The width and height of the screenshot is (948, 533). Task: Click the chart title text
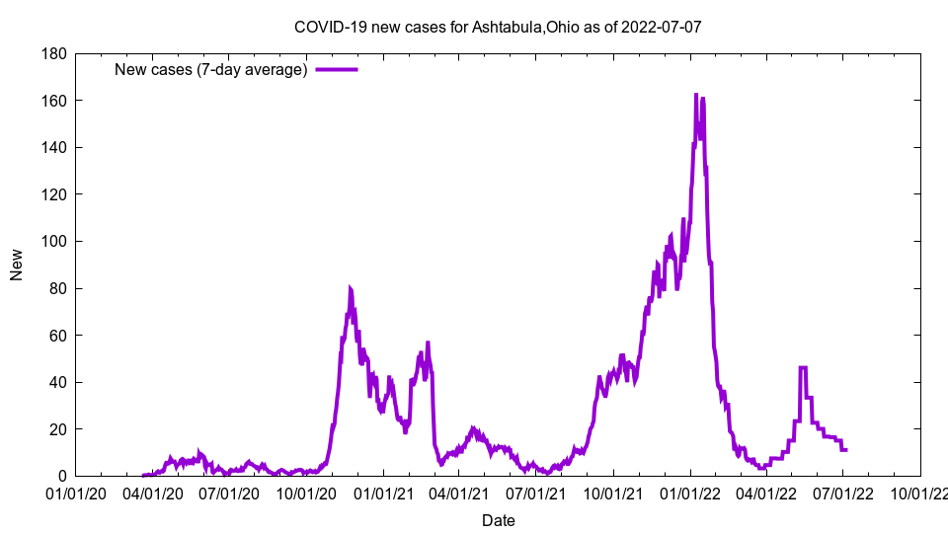click(x=498, y=27)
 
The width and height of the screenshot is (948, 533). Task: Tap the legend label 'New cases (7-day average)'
click(x=211, y=69)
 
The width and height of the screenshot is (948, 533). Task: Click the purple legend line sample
click(x=336, y=69)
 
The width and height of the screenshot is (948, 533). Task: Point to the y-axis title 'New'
click(x=17, y=265)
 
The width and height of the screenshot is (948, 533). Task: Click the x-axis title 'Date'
click(x=498, y=520)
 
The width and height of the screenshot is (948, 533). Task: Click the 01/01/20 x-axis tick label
click(x=76, y=492)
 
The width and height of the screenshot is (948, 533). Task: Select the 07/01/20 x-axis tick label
click(x=230, y=492)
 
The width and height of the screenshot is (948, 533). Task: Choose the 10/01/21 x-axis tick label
click(x=613, y=492)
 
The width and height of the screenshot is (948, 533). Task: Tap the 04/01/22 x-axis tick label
click(x=767, y=492)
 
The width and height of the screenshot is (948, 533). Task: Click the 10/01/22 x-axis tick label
click(x=920, y=492)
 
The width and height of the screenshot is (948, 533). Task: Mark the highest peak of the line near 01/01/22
click(x=696, y=95)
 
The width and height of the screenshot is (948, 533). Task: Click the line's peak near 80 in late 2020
click(x=350, y=287)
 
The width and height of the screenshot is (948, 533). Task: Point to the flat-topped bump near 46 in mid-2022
click(x=803, y=367)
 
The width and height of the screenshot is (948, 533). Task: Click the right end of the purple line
click(x=846, y=450)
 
